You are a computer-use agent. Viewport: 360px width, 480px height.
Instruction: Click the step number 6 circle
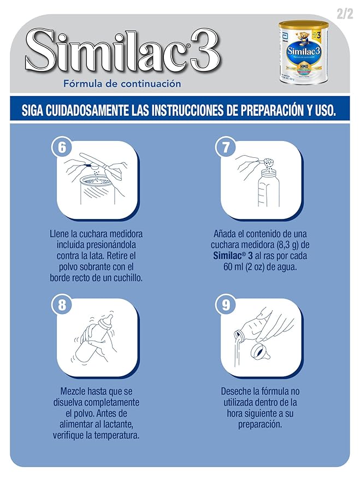click(62, 148)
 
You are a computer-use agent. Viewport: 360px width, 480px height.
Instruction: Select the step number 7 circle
click(225, 148)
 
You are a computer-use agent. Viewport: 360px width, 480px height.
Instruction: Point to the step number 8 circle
click(62, 304)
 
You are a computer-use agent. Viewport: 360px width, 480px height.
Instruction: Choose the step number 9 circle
click(225, 305)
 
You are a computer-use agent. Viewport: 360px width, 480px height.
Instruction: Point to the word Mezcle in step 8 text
click(75, 391)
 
